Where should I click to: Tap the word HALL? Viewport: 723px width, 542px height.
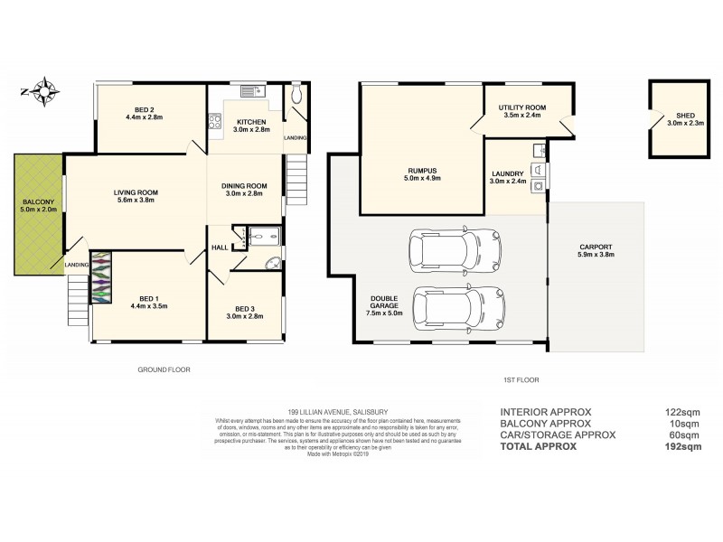coord(219,247)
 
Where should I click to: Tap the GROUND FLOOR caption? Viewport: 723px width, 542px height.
coord(164,369)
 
